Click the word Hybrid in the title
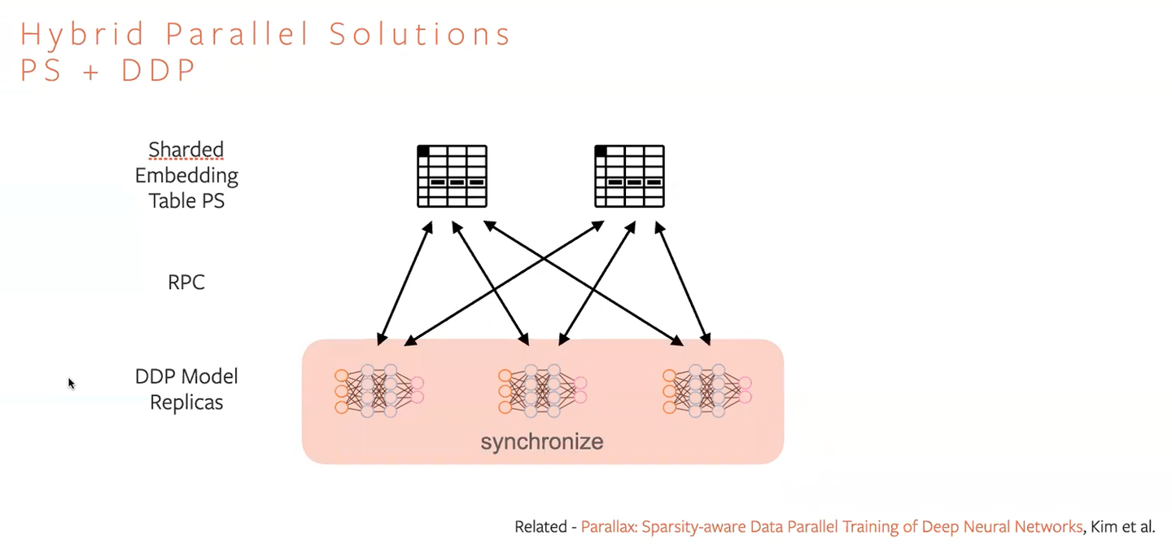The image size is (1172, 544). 83,35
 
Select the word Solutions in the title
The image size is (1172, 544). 420,35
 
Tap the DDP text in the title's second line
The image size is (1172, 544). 159,71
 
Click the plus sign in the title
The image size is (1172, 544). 91,72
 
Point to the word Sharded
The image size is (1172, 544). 186,150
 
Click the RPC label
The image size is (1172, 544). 186,283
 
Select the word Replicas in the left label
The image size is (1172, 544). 186,402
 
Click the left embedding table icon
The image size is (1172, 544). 452,176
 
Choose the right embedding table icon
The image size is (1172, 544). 629,176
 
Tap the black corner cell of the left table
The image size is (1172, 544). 423,151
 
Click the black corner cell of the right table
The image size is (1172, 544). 601,151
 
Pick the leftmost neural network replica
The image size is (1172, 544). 378,392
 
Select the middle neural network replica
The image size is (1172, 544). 542,392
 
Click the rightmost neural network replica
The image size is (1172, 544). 706,392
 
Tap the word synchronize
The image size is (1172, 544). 542,442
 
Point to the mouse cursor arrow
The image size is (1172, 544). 71,383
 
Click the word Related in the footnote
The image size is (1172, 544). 540,527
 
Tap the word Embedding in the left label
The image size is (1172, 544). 186,176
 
